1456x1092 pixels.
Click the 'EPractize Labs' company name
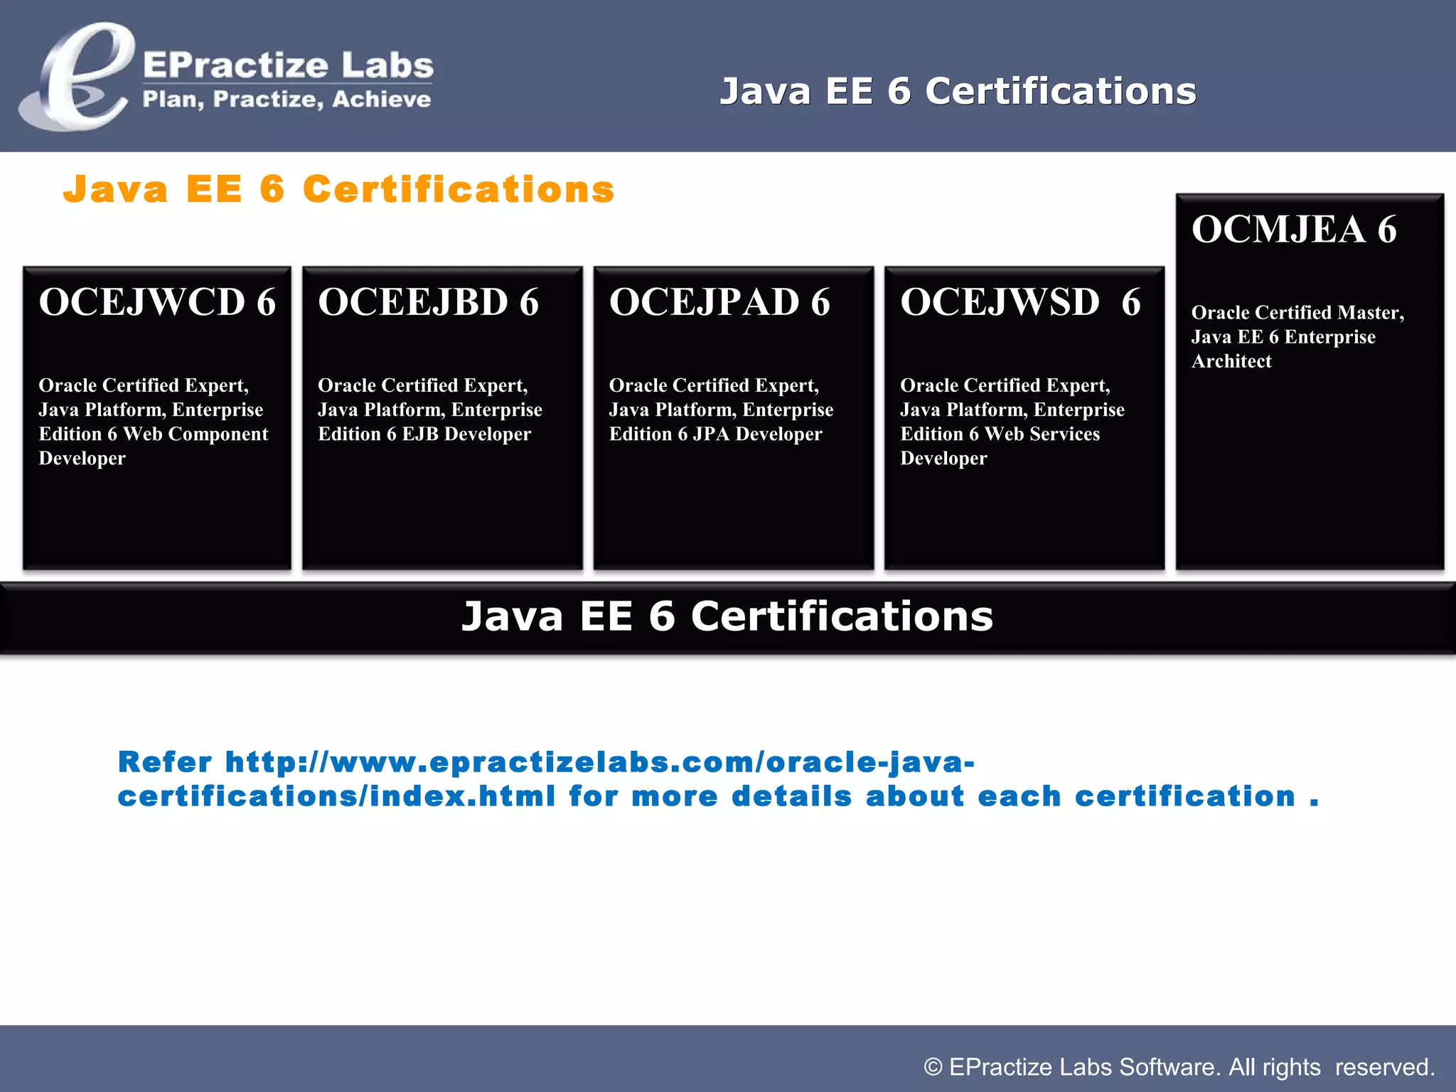pos(288,65)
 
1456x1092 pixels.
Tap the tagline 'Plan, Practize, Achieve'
pos(287,99)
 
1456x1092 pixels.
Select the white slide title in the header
pos(958,92)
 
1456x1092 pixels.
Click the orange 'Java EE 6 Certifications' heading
pos(338,190)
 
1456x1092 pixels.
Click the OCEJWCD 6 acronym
pos(157,302)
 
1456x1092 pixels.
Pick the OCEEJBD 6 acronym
pos(428,302)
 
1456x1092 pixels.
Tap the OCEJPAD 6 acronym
pos(719,302)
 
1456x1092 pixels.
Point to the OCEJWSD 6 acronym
pos(1020,302)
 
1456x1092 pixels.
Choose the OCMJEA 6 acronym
pos(1294,230)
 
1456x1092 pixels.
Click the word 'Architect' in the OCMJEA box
pos(1231,361)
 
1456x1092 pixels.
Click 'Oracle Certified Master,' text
pos(1297,313)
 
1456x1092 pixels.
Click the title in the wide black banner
pos(727,616)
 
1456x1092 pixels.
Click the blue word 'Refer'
pos(165,762)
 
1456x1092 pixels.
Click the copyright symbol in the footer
pos(933,1067)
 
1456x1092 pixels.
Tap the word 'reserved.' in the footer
pos(1385,1067)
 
